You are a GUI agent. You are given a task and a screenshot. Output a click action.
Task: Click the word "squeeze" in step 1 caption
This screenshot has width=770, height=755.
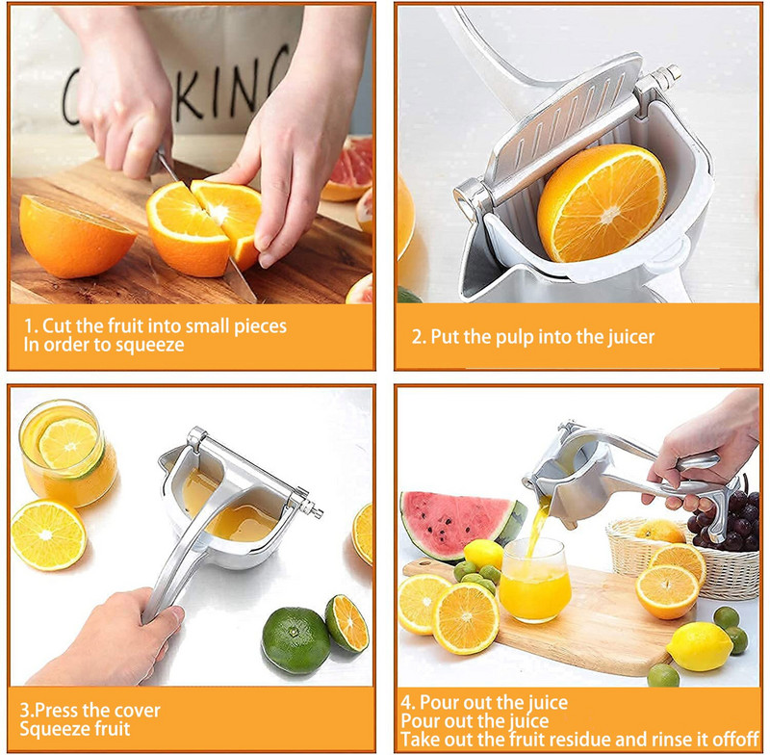[x=150, y=346]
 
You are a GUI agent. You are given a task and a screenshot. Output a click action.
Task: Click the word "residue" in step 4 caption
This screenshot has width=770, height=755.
[x=581, y=739]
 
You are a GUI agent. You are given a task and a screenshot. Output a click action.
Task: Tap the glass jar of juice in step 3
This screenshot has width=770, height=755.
[x=67, y=453]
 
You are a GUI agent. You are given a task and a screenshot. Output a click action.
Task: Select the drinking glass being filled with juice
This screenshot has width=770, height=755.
[x=535, y=580]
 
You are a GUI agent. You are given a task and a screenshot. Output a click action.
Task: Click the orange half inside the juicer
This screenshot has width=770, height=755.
[x=602, y=202]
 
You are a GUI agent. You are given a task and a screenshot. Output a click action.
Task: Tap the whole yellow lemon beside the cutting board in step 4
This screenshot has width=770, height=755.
[x=700, y=645]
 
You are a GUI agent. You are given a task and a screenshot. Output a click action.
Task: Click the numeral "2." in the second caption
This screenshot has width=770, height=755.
[x=420, y=337]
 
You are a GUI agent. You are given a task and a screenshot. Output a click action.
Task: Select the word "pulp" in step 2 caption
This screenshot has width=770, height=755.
[x=515, y=338]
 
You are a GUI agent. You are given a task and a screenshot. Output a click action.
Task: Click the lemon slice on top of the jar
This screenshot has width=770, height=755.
[x=68, y=444]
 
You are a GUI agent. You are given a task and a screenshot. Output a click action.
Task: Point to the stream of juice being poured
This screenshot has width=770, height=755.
[x=536, y=530]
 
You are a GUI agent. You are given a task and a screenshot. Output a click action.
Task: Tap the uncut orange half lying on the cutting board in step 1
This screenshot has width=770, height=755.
[x=75, y=236]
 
